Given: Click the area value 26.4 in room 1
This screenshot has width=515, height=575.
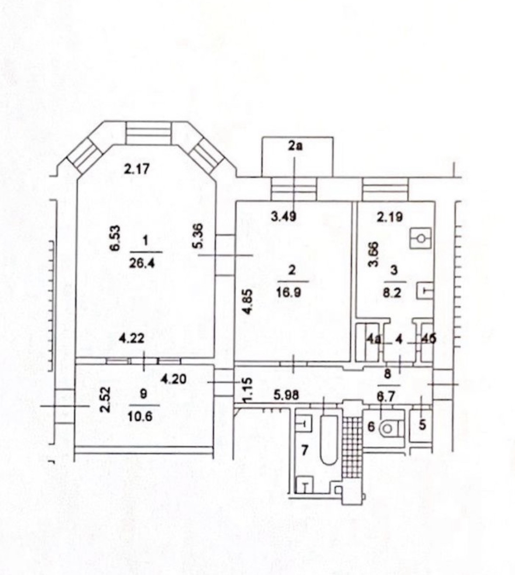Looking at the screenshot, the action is (x=146, y=263).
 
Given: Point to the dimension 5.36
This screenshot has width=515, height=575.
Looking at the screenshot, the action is (x=198, y=236).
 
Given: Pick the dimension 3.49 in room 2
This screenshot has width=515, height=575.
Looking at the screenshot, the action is (x=284, y=216).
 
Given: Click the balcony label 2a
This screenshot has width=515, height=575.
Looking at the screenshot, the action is (x=295, y=146).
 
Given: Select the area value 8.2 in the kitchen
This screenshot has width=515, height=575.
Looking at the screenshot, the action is (x=392, y=292).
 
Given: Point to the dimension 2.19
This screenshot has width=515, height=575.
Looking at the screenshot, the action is (x=390, y=217).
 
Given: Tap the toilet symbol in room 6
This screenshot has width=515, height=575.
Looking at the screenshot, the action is (x=387, y=429).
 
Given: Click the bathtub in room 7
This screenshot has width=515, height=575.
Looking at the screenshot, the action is (x=329, y=439).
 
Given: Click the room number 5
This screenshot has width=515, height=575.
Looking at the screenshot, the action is (x=422, y=425).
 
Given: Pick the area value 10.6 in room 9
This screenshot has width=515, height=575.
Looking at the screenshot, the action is (x=141, y=416).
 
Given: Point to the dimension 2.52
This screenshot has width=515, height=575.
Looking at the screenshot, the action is (x=104, y=399).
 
